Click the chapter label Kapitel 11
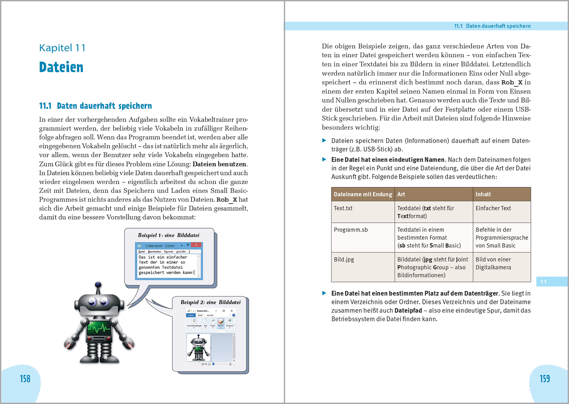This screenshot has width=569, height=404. (x=62, y=48)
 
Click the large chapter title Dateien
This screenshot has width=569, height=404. (x=61, y=67)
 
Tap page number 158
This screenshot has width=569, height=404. (x=25, y=379)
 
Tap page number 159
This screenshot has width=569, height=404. (x=545, y=379)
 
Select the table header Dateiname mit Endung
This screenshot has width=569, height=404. (x=363, y=194)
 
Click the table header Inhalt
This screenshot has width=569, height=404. (x=483, y=194)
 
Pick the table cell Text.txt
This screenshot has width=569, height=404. (x=343, y=208)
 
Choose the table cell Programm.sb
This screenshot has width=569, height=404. (x=351, y=230)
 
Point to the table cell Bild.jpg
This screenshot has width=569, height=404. (x=344, y=259)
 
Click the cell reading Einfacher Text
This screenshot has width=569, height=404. (x=493, y=208)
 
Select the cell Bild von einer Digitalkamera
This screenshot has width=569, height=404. (x=493, y=263)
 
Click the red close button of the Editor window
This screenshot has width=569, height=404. (x=196, y=245)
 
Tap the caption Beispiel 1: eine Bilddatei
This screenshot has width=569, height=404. (x=169, y=235)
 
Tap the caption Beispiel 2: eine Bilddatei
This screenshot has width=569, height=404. (x=211, y=302)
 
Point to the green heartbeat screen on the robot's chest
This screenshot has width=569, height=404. (x=99, y=327)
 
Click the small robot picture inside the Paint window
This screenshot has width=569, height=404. (x=198, y=348)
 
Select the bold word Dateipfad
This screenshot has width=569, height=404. (x=408, y=310)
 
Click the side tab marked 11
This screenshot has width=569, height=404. (x=551, y=282)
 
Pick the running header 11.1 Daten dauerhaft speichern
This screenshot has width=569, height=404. (x=492, y=26)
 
